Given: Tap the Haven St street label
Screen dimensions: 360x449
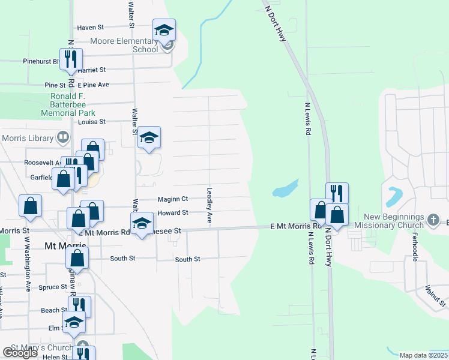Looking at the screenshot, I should (91, 28).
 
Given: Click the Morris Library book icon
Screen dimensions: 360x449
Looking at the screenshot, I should (62, 138).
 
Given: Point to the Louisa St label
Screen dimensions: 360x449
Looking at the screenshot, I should (92, 121).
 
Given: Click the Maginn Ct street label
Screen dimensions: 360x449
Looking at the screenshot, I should (173, 199).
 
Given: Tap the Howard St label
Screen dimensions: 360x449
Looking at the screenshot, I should (173, 213).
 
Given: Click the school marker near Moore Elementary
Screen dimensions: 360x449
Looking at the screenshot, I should (164, 30).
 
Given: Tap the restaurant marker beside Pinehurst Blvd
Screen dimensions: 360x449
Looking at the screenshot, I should (71, 59).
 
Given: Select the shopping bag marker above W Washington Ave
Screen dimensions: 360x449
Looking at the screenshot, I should (31, 206).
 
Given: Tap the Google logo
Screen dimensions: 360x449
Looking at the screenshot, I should (20, 353).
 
